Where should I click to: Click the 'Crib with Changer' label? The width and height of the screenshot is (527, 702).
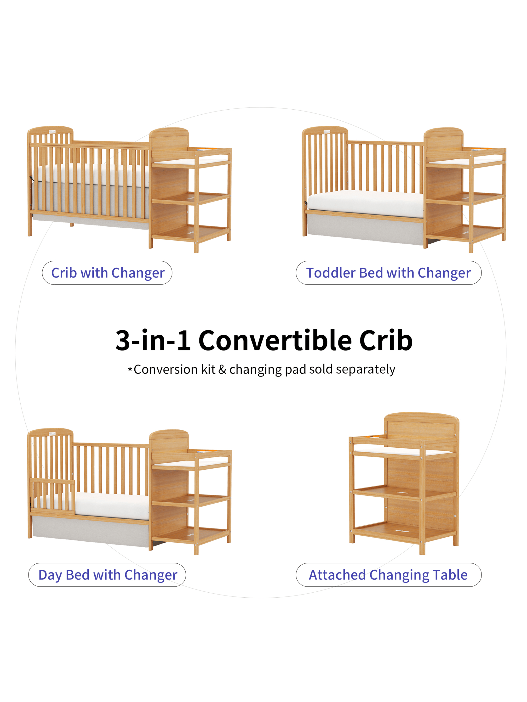tap(107, 273)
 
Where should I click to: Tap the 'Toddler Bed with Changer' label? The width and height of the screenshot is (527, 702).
tap(389, 273)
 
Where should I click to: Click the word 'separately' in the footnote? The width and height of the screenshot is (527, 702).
tap(366, 370)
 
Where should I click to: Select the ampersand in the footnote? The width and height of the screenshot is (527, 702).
tap(222, 369)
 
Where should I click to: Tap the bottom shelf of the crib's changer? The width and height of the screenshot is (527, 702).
tap(191, 233)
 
